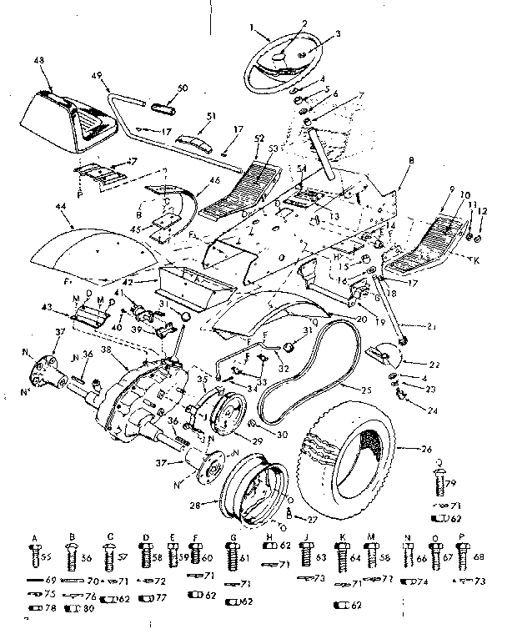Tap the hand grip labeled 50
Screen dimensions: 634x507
pos(163,107)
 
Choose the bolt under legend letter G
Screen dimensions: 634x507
pos(221,552)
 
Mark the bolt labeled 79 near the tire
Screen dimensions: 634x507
pos(439,481)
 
